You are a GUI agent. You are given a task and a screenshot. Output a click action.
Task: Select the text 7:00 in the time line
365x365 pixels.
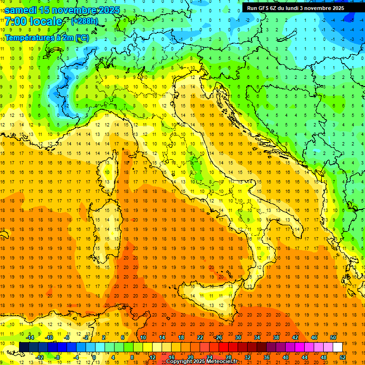15,22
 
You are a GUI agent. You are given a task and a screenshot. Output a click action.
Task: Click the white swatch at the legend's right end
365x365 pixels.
338,347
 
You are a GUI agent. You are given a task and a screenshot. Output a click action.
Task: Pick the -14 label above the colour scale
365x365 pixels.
29,337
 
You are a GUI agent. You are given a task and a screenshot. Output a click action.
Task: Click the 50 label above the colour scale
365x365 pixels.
333,337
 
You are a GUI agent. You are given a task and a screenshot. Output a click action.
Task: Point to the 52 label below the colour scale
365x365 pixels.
343,357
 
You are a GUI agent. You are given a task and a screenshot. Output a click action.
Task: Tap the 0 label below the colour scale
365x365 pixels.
94,357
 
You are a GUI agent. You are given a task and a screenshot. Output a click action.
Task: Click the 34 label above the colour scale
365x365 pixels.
257,337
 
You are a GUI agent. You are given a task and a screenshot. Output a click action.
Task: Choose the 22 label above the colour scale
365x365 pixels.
200,337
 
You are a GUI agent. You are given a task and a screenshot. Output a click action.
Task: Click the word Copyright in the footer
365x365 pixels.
180,362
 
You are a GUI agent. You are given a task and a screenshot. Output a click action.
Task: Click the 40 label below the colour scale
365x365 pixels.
286,357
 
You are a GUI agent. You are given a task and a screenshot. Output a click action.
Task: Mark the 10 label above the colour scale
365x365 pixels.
143,337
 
